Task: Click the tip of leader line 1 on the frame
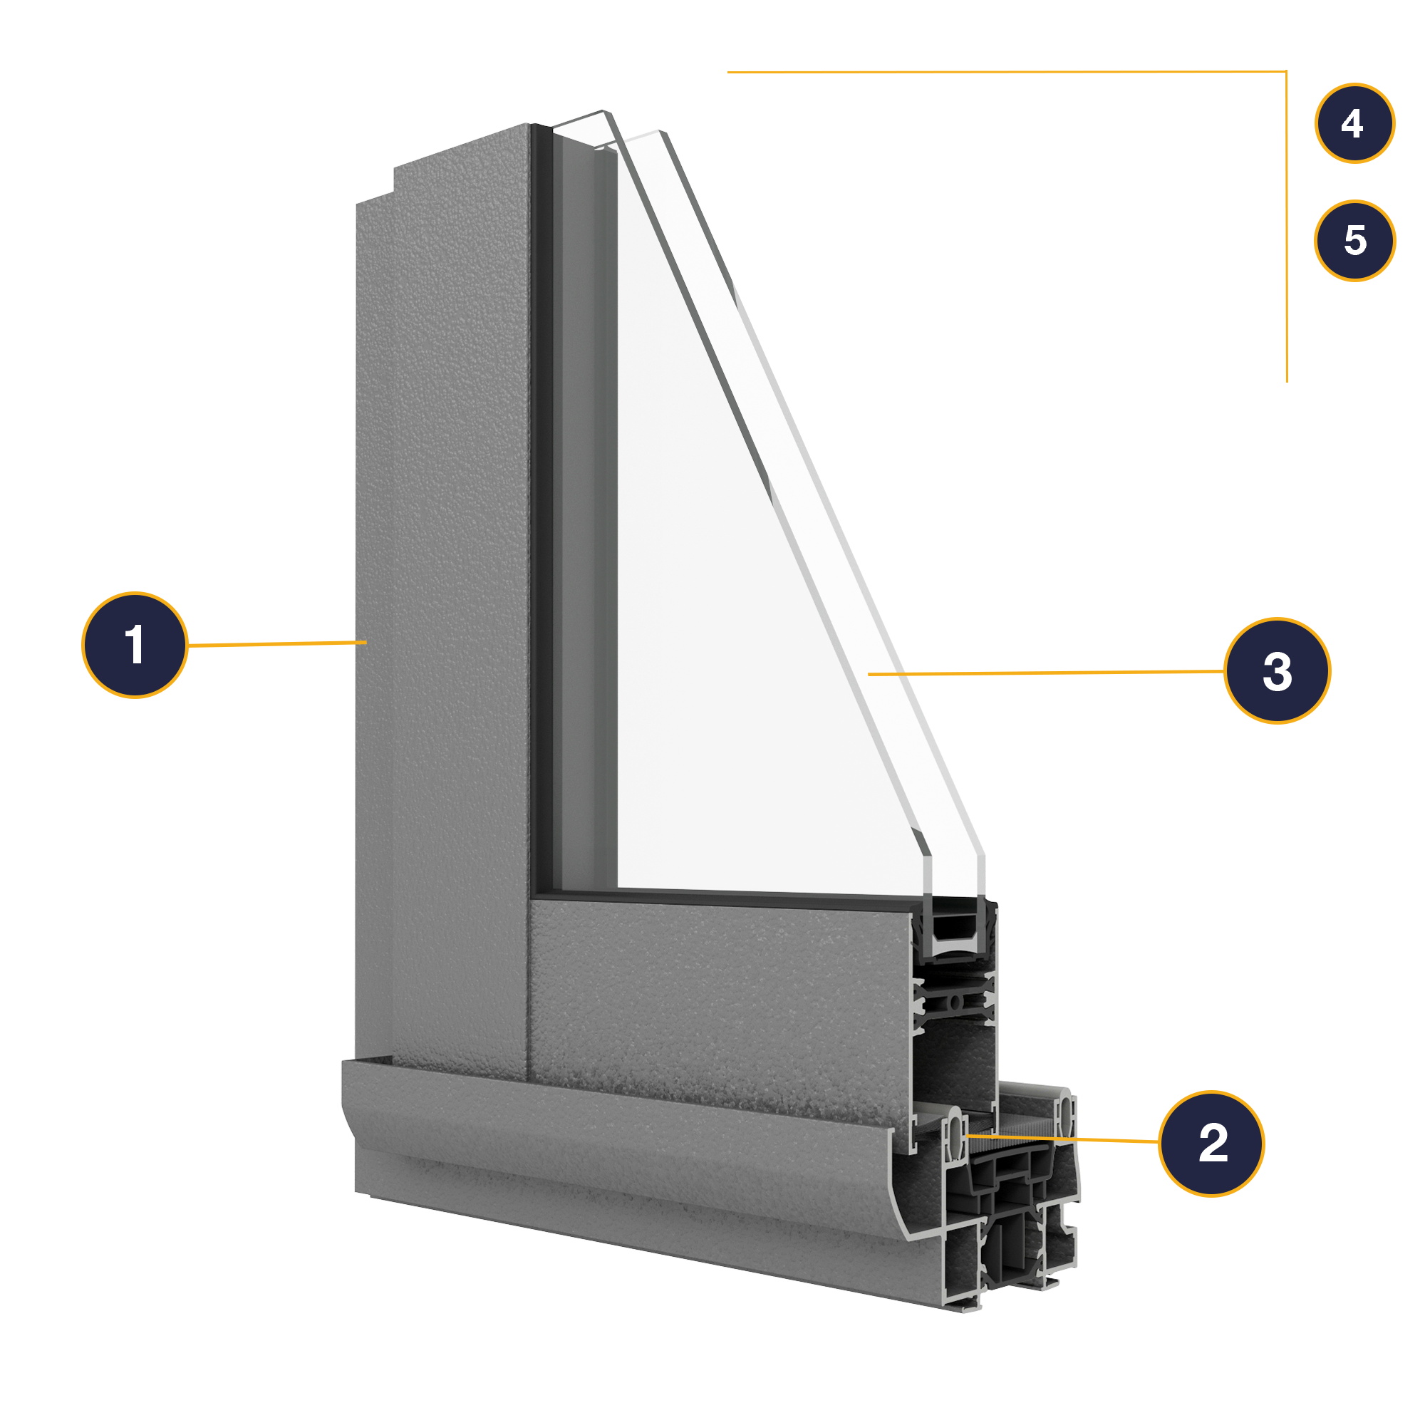pos(366,643)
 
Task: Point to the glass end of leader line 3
pos(869,674)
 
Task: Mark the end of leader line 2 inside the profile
pos(967,1136)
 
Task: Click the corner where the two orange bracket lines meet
pos(1286,71)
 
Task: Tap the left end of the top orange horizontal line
pos(728,72)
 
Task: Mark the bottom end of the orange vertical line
pos(1287,381)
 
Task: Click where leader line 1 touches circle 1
pos(188,646)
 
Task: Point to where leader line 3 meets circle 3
pos(1225,671)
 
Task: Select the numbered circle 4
pos(1355,123)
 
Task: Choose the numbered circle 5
pos(1355,240)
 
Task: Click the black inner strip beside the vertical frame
pos(541,509)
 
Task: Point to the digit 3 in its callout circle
pos(1278,671)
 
